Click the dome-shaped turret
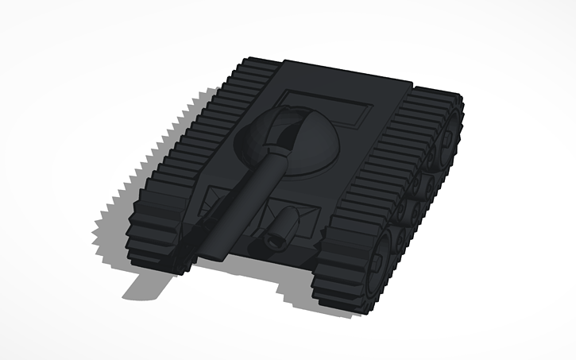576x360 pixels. tap(306, 143)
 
